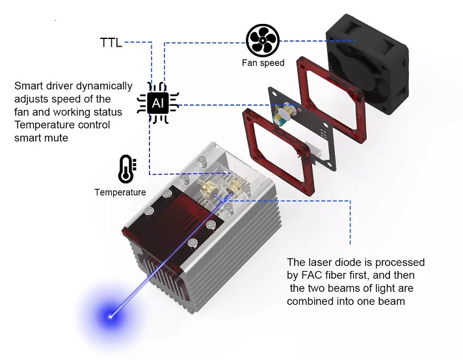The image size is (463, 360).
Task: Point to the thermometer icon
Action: [124, 170]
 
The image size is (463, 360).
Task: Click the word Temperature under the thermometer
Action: [120, 192]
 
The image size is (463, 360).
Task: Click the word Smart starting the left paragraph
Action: [29, 86]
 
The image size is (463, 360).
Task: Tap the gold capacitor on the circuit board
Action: [284, 119]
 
